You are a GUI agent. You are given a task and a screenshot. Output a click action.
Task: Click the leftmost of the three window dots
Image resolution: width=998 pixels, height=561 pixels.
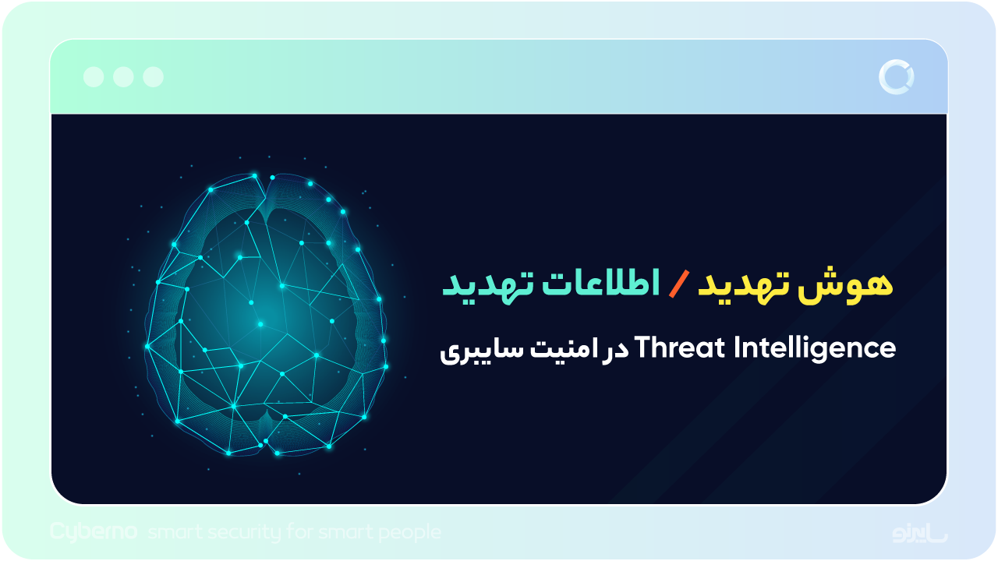pyautogui.click(x=94, y=76)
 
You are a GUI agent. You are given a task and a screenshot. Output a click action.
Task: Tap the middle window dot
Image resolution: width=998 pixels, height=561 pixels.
pyautogui.click(x=123, y=76)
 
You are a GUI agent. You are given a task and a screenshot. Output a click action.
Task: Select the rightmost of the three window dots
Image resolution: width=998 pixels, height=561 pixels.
pyautogui.click(x=154, y=76)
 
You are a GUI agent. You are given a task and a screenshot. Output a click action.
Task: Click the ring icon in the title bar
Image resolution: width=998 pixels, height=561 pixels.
pyautogui.click(x=896, y=76)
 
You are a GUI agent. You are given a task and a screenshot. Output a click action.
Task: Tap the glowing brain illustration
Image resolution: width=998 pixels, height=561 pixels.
pyautogui.click(x=265, y=316)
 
